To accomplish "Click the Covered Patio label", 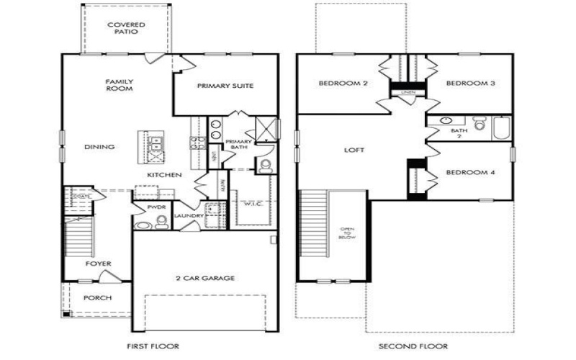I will point(126,29).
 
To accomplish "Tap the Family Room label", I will point(120,86).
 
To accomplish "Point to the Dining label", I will point(99,147).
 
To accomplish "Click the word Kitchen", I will point(165,175).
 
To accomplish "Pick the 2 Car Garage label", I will point(205,278).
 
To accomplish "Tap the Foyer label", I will point(98,264).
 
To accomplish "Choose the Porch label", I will point(97,297).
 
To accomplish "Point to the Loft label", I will point(354,150).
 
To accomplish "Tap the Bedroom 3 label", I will point(470,84).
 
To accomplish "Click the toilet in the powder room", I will point(161,224).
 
